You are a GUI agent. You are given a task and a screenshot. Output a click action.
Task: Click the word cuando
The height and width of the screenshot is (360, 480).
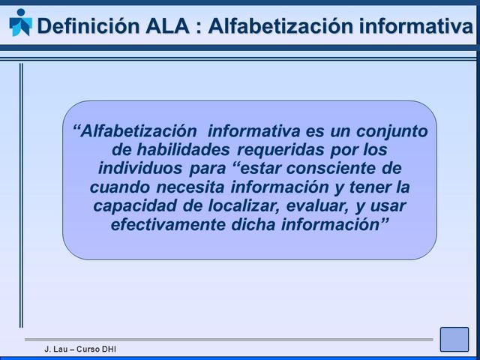pos(118,186)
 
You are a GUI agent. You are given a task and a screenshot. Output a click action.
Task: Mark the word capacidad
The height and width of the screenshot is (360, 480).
pos(132,205)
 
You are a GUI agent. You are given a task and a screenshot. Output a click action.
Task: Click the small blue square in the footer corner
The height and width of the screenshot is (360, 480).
pos(454,339)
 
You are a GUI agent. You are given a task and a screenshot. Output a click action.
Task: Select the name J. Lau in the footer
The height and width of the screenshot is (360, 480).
pos(55,350)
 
